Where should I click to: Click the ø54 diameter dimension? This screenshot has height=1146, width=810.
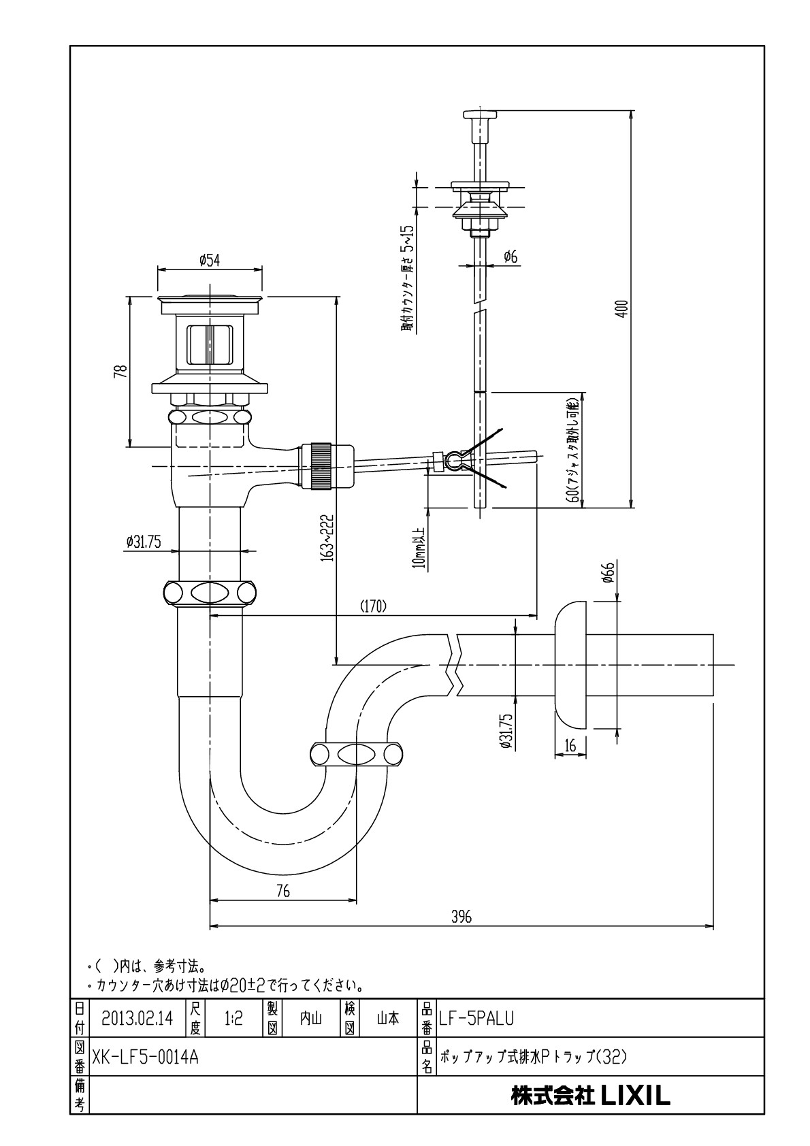209,260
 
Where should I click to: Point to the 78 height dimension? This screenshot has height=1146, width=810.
121,370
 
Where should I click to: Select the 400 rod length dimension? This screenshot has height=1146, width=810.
623,308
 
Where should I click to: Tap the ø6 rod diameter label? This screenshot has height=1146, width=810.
510,257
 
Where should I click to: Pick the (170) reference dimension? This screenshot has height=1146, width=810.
374,606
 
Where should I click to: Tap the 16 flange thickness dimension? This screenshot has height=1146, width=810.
570,745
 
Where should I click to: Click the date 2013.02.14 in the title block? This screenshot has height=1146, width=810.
137,1019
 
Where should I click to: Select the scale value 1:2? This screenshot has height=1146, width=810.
233,1019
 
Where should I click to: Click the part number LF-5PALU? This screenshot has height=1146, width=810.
476,1019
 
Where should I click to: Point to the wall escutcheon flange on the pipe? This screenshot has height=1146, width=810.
570,665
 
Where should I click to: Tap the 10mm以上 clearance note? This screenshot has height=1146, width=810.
421,548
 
